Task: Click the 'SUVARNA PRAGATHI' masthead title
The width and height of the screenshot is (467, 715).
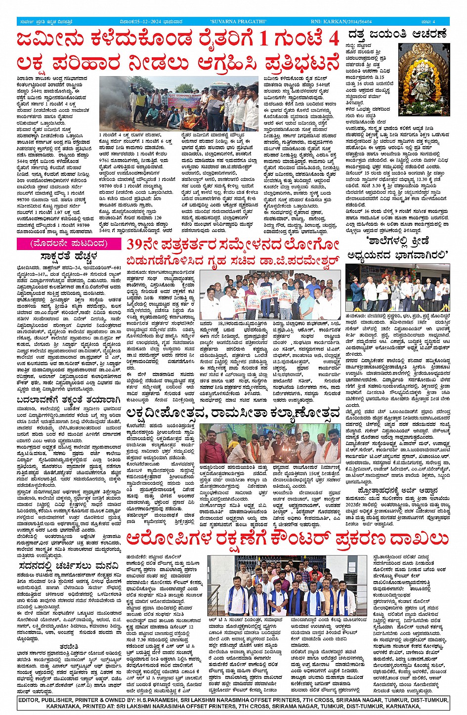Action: tap(238, 21)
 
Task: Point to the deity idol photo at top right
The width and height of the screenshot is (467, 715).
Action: tap(424, 80)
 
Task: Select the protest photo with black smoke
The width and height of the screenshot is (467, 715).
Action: tap(178, 103)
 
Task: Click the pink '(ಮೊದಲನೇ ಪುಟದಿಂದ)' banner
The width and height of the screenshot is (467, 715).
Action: tap(69, 244)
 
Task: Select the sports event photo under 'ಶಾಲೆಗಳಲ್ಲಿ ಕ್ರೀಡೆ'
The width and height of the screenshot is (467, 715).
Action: tap(397, 287)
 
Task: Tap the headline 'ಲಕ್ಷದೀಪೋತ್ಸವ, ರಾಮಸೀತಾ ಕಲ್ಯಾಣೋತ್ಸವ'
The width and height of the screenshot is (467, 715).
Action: tap(233, 413)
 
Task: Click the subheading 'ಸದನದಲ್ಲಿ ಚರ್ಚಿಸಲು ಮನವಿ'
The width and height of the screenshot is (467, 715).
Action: tap(69, 565)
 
